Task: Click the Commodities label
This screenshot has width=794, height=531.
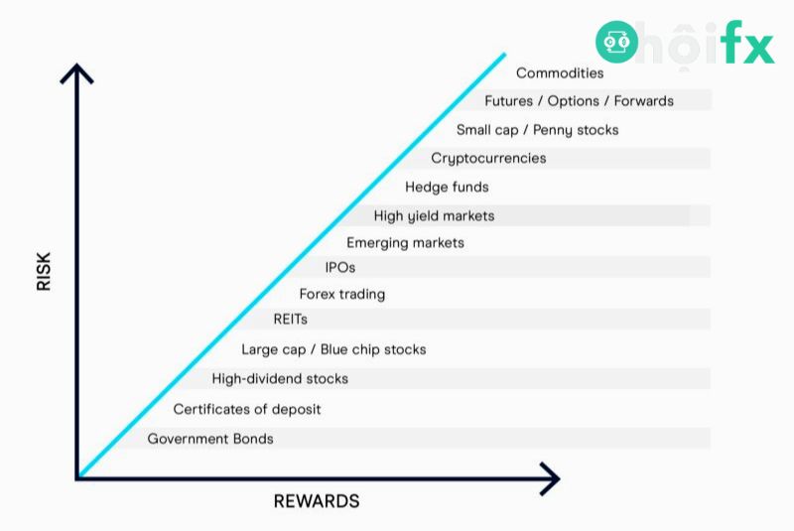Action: [x=560, y=72]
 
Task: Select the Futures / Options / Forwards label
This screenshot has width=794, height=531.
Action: [x=579, y=100]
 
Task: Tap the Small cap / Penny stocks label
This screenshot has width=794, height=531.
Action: [x=537, y=129]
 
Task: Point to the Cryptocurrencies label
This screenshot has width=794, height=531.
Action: [x=488, y=158]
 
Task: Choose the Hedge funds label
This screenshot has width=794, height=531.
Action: [x=447, y=187]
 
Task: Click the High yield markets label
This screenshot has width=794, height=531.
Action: [x=434, y=215]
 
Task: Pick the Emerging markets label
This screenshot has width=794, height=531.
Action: [x=405, y=242]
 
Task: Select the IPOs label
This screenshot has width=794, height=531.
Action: [x=339, y=267]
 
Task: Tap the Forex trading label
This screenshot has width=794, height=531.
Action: [x=341, y=294]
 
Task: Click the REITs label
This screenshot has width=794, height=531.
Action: [x=290, y=320]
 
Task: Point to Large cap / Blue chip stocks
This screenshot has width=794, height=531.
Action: [x=333, y=349]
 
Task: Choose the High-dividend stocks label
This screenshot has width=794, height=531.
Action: [x=280, y=378]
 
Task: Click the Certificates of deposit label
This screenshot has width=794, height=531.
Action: [x=247, y=409]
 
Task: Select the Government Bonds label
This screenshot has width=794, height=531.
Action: [x=210, y=439]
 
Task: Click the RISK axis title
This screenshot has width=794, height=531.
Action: [x=44, y=270]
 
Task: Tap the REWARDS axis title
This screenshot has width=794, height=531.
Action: [x=317, y=501]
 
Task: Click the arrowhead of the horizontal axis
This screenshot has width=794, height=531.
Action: [x=549, y=479]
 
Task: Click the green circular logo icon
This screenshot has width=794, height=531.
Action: [x=616, y=42]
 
